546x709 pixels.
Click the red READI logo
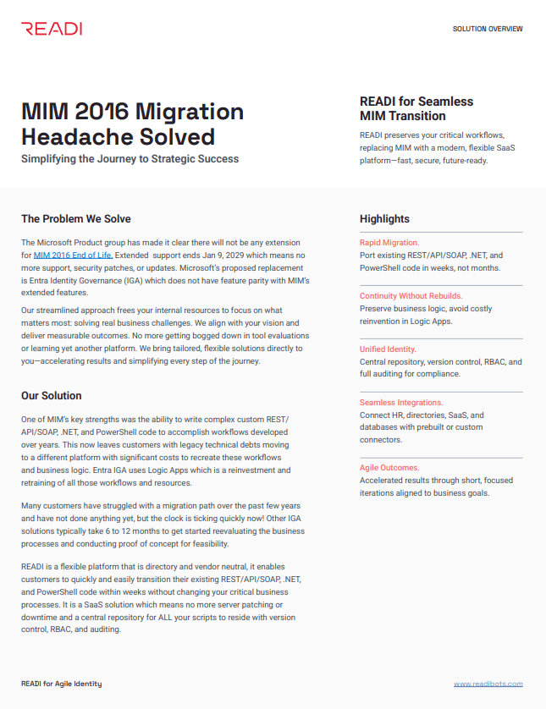click(x=52, y=29)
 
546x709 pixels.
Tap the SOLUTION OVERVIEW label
click(x=488, y=29)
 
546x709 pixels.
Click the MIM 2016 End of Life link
click(x=73, y=254)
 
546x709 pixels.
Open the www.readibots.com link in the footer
click(x=488, y=684)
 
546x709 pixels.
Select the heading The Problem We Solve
click(x=76, y=219)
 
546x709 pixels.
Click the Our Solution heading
click(x=52, y=395)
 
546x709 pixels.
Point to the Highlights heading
click(x=384, y=219)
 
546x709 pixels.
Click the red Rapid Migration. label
click(x=389, y=243)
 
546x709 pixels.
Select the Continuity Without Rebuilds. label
click(x=411, y=296)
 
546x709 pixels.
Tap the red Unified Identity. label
click(x=389, y=349)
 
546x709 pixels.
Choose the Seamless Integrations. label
click(x=401, y=403)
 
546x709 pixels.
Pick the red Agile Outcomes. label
click(x=389, y=468)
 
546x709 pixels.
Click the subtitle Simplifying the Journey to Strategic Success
click(x=130, y=159)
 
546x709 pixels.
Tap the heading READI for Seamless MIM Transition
click(x=416, y=108)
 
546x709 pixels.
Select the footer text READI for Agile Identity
click(x=61, y=684)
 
